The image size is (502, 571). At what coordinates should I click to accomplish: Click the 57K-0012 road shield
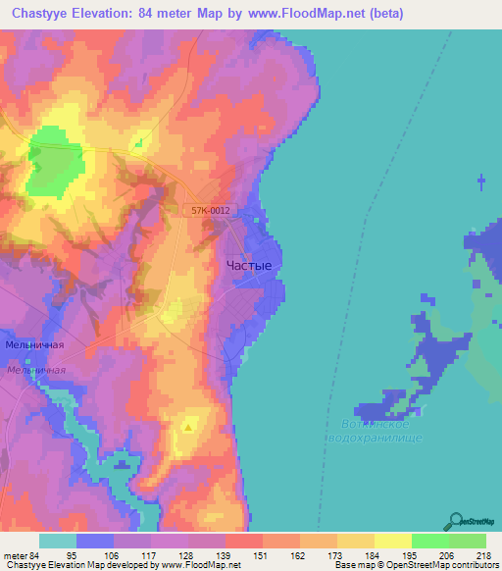point(211,210)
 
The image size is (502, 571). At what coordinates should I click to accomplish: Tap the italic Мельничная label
point(36,370)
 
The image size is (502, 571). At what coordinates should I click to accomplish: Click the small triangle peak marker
point(189,426)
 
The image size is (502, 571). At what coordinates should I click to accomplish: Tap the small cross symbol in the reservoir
point(480,181)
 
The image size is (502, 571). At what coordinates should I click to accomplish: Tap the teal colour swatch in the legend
point(58,541)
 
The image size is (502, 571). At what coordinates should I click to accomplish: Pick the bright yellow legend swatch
point(393,541)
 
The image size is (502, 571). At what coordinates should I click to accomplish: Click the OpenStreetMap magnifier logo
point(458,522)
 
